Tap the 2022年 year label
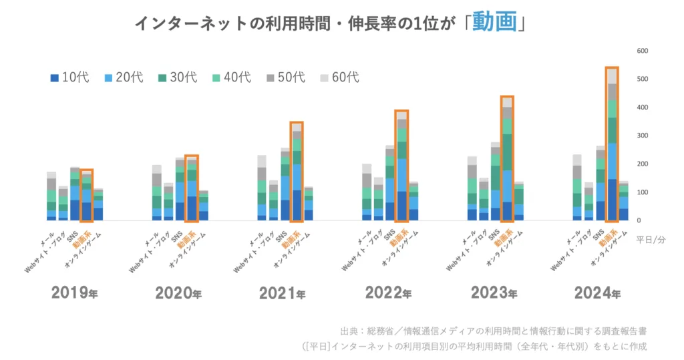390,293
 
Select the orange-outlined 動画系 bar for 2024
611,144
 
